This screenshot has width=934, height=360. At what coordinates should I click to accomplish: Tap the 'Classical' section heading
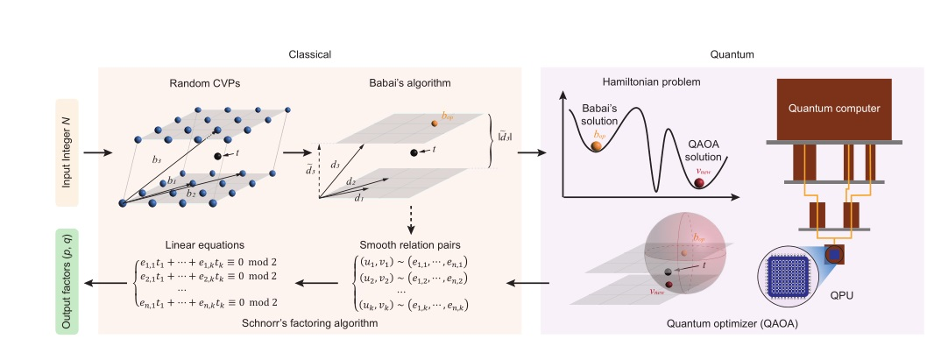point(310,54)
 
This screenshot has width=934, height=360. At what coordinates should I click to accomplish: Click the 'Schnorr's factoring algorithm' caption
point(310,323)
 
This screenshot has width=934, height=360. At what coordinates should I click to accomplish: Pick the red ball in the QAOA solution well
point(698,183)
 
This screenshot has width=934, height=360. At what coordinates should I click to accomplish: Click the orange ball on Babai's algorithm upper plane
point(434,123)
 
